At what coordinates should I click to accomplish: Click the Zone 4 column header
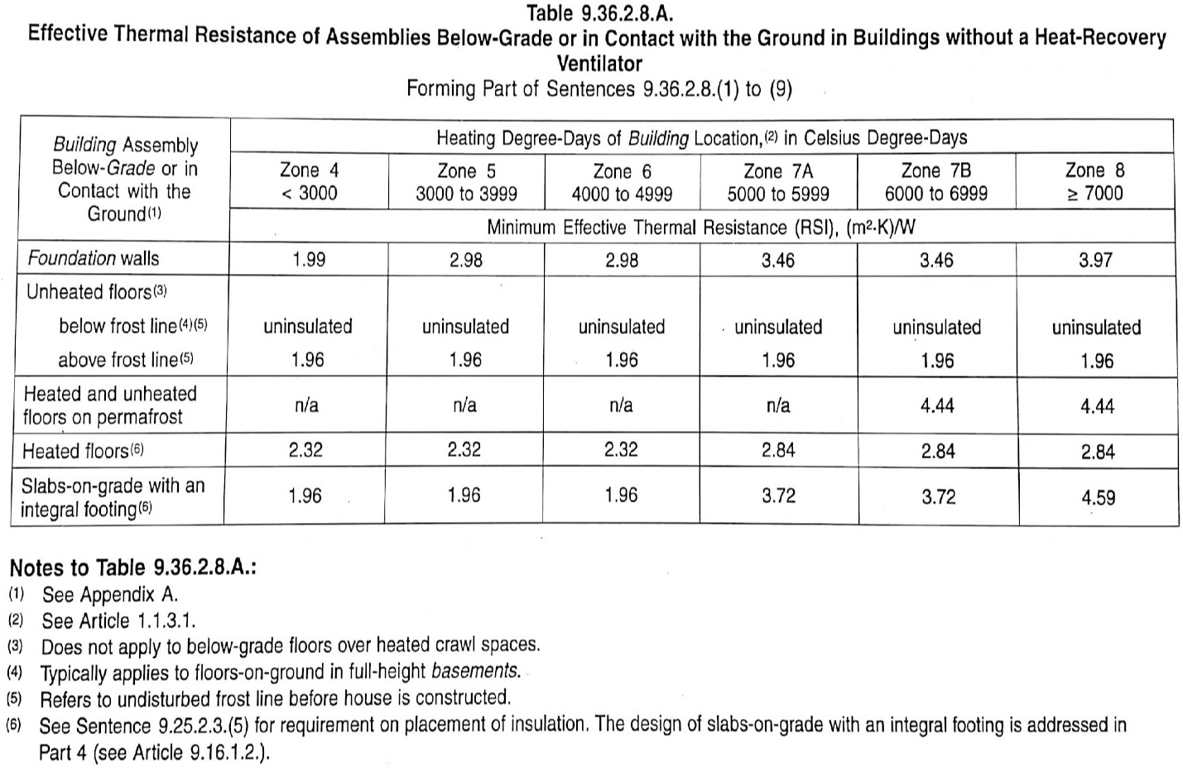point(309,181)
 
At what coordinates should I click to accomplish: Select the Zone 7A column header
point(778,181)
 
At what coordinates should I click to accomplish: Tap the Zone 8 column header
point(1094,181)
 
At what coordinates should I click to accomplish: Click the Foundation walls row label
point(94,258)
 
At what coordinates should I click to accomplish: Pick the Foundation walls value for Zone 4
point(309,260)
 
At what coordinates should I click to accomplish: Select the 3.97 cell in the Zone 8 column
point(1096,261)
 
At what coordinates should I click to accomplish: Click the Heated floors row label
point(83,451)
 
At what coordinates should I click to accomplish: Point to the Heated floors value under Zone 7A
point(778,450)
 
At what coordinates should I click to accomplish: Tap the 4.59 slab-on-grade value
point(1097,498)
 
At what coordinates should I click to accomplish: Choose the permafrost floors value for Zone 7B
point(937,405)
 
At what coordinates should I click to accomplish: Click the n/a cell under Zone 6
point(621,405)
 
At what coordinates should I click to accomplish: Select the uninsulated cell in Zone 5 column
point(465,327)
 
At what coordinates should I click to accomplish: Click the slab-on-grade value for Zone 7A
point(778,496)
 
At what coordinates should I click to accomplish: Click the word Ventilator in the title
point(599,63)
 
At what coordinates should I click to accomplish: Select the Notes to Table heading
point(132,568)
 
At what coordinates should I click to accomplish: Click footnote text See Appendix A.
point(110,594)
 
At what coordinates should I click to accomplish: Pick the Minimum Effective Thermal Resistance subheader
point(700,228)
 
